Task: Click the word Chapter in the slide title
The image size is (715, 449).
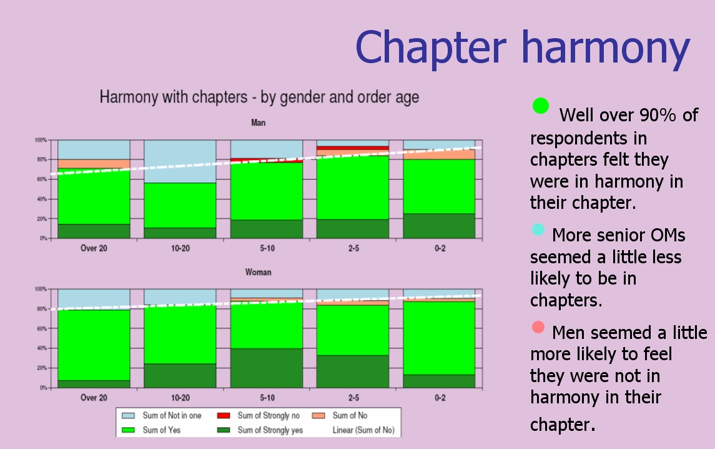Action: tap(430, 47)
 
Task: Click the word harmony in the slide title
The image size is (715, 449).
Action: tap(606, 48)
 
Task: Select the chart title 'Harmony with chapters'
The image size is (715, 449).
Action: tap(173, 97)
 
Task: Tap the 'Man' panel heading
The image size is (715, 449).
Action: tap(258, 123)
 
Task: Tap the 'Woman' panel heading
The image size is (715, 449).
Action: tap(258, 272)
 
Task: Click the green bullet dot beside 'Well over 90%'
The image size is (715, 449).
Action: tap(540, 106)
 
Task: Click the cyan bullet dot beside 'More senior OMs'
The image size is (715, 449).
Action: tap(538, 230)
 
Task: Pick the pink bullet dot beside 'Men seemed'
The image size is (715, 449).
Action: tap(538, 327)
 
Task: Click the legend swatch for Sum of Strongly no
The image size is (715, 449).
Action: tap(224, 416)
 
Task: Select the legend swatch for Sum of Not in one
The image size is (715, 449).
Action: tap(128, 416)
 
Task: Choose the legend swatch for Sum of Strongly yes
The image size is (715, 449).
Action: tap(224, 430)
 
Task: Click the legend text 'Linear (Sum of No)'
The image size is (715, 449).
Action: tap(363, 430)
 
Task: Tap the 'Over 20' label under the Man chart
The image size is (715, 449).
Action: tap(94, 248)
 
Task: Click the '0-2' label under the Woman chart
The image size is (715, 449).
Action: tap(440, 397)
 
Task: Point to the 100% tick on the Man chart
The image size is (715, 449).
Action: tap(41, 140)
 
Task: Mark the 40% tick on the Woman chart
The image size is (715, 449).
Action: tap(41, 348)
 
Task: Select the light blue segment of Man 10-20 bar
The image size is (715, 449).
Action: tap(180, 161)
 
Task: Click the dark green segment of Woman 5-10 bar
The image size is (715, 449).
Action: tap(266, 368)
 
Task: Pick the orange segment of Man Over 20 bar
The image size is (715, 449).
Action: tap(94, 164)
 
